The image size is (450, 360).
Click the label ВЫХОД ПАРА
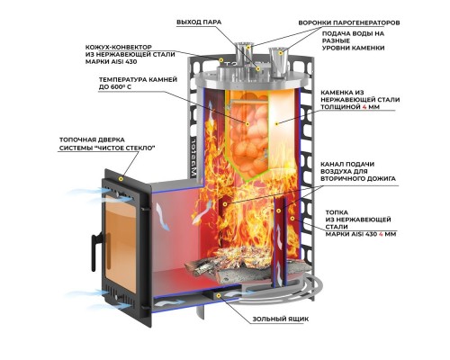(x=199, y=22)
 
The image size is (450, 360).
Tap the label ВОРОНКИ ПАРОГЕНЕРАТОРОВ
(x=349, y=22)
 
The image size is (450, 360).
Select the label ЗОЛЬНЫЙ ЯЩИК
(x=280, y=319)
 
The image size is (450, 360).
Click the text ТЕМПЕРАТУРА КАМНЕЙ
(x=138, y=80)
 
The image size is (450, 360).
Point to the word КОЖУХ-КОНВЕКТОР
(x=119, y=48)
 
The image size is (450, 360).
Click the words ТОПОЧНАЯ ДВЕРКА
(x=92, y=139)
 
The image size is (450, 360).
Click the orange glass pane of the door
(x=121, y=243)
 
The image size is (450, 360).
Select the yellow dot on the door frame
(x=121, y=179)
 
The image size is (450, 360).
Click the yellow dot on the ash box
(x=219, y=295)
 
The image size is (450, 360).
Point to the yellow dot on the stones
(x=247, y=123)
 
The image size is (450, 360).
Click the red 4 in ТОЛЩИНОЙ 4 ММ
(x=364, y=107)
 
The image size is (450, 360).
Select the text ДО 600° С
(x=115, y=87)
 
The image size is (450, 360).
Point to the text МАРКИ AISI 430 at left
(x=111, y=62)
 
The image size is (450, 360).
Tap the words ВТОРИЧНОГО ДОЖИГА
(x=358, y=179)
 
